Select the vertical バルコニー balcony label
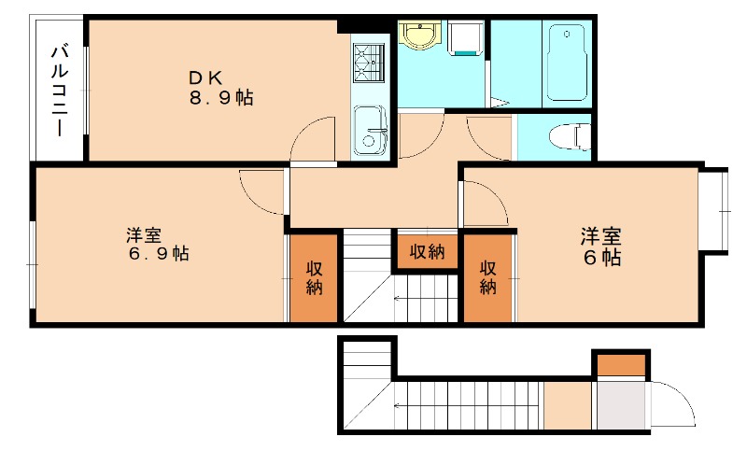[59, 90]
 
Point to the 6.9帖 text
[158, 253]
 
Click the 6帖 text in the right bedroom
[603, 258]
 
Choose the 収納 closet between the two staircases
[427, 251]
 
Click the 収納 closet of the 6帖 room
[487, 277]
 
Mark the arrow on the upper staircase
[425, 299]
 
